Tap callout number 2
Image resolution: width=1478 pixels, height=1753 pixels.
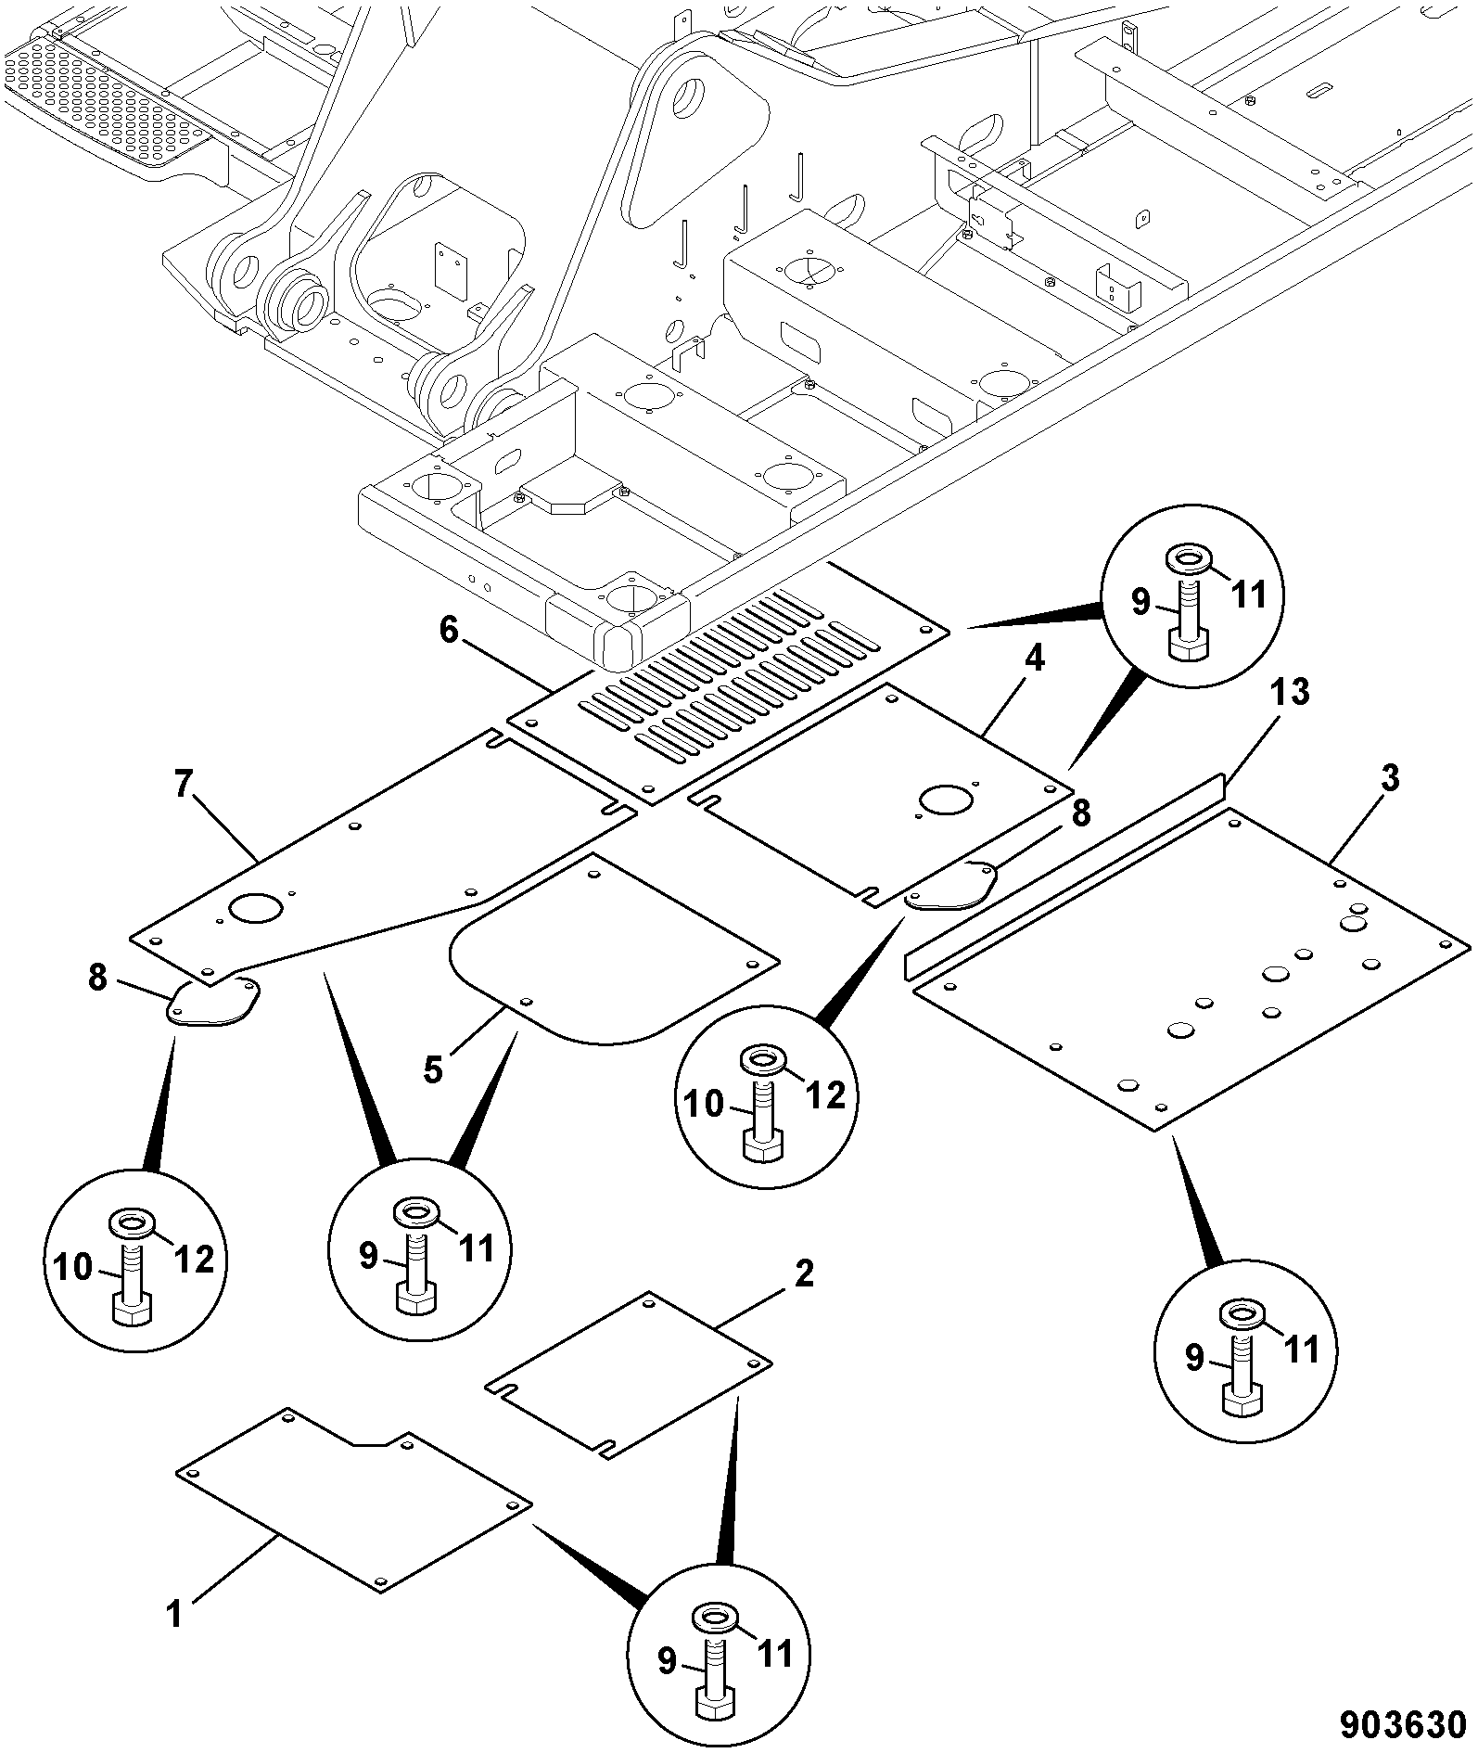click(x=803, y=1274)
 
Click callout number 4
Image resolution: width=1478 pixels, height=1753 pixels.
click(x=1035, y=659)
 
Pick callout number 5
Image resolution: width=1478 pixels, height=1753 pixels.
click(x=432, y=1069)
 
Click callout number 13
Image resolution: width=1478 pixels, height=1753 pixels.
click(x=1290, y=692)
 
